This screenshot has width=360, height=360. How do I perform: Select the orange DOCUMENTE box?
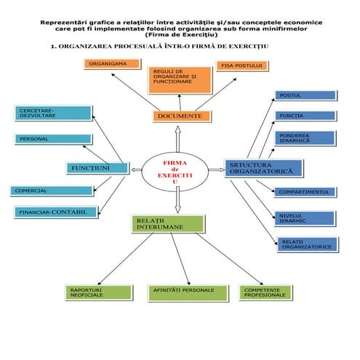[182, 116]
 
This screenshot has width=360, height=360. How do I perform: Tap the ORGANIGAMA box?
[111, 64]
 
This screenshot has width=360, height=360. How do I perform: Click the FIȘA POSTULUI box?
[241, 66]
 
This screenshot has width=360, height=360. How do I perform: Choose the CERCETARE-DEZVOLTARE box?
[53, 113]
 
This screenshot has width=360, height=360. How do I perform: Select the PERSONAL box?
[53, 139]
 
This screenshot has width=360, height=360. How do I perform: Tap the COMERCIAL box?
[52, 191]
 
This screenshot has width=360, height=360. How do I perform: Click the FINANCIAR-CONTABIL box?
[55, 212]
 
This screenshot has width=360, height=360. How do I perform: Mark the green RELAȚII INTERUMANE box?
[167, 224]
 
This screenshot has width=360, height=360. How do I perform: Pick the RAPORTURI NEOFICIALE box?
[100, 292]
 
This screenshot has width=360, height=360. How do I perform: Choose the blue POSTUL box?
[305, 95]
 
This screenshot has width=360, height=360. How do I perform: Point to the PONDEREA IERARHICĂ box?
[305, 137]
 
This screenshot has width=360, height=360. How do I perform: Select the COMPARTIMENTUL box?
[305, 192]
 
